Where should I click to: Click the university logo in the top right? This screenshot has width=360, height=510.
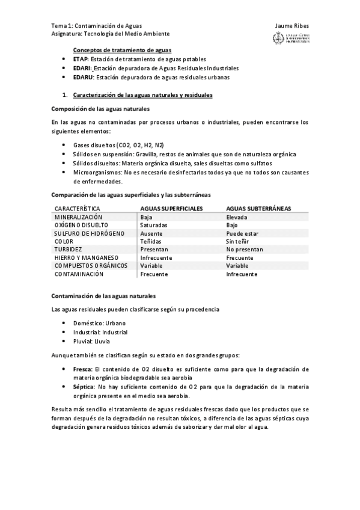pyautogui.click(x=291, y=39)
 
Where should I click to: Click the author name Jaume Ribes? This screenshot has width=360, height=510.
pyautogui.click(x=291, y=26)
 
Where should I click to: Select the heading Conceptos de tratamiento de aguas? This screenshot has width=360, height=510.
pyautogui.click(x=122, y=51)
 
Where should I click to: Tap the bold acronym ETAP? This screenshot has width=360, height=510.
pyautogui.click(x=81, y=60)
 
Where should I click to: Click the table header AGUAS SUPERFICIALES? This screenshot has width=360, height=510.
pyautogui.click(x=171, y=208)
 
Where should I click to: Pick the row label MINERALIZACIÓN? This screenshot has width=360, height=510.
pyautogui.click(x=78, y=217)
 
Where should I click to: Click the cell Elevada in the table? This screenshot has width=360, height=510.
pyautogui.click(x=237, y=217)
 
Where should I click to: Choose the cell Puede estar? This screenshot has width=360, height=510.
pyautogui.click(x=242, y=233)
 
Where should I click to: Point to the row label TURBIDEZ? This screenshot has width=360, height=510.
pyautogui.click(x=68, y=249)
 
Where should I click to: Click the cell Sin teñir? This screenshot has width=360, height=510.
pyautogui.click(x=237, y=241)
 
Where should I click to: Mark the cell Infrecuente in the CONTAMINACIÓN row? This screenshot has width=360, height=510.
pyautogui.click(x=242, y=274)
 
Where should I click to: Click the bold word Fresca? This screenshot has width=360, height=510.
pyautogui.click(x=82, y=369)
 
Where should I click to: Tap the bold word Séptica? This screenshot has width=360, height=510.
pyautogui.click(x=84, y=387)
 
